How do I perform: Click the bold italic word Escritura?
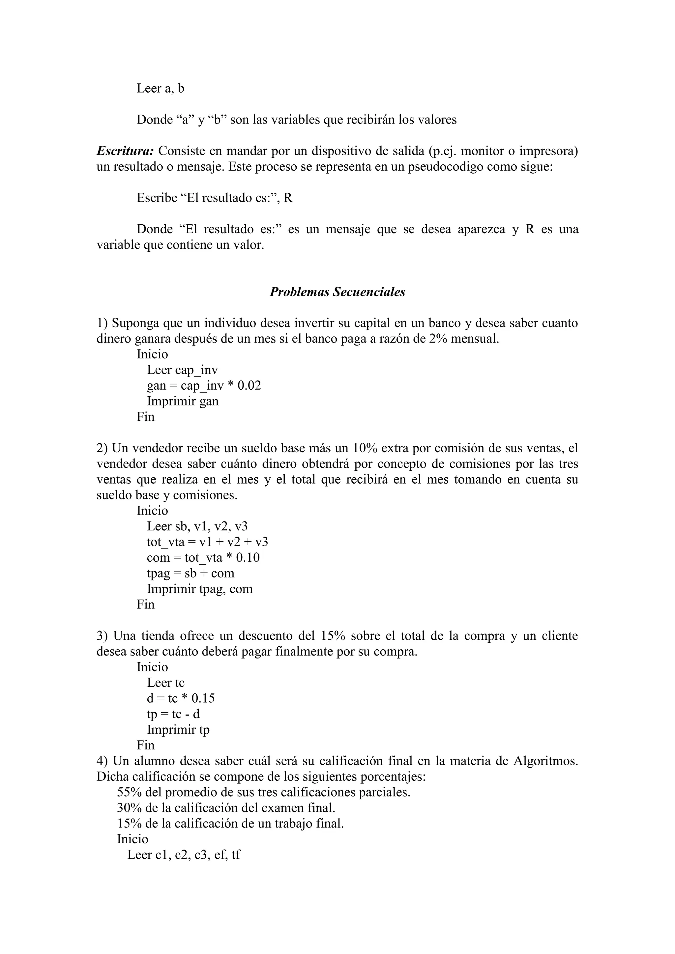[x=126, y=151]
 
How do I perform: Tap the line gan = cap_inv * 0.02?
[x=204, y=386]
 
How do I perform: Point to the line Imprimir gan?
[x=183, y=401]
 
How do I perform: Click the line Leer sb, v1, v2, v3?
[x=197, y=526]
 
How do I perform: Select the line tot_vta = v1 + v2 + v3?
[x=207, y=542]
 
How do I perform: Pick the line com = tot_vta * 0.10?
[x=203, y=558]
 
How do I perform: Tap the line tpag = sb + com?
[x=191, y=574]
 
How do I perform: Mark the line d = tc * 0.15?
[x=181, y=698]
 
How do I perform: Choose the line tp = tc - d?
[x=173, y=714]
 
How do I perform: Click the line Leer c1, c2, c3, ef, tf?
[x=184, y=855]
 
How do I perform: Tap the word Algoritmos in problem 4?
[x=545, y=761]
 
